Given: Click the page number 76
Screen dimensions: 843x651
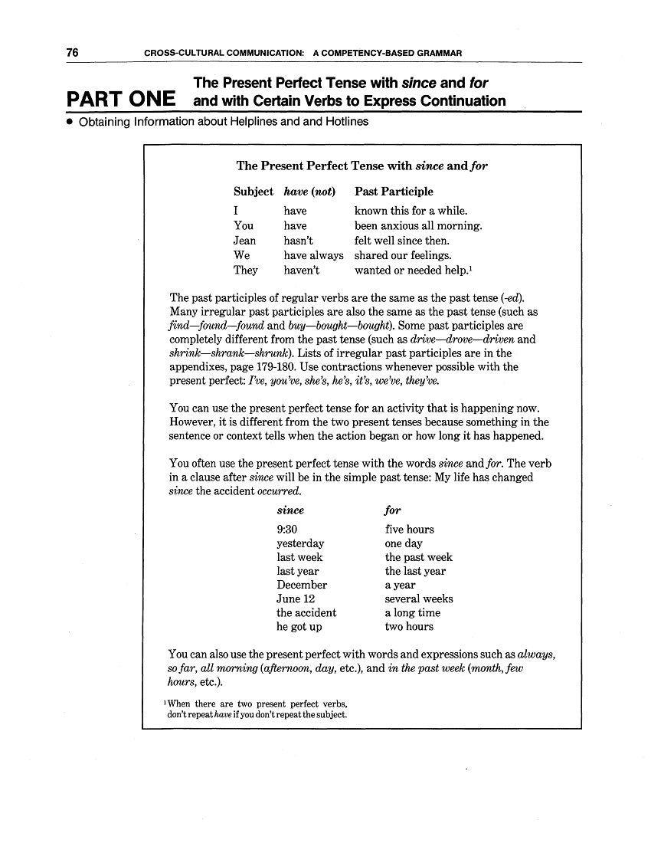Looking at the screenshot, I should click(73, 53).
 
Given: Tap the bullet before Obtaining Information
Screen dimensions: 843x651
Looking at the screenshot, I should click(69, 122).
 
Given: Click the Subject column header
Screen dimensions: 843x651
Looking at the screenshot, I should click(253, 192).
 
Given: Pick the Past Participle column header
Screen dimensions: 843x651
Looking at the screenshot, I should click(394, 192).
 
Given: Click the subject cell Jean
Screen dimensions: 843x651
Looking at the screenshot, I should click(244, 241).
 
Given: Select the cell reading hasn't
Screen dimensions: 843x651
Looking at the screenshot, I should click(298, 241).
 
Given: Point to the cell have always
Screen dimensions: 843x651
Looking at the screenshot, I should click(313, 255).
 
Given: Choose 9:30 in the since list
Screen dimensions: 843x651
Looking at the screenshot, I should click(287, 530).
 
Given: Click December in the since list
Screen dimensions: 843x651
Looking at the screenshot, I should click(301, 585).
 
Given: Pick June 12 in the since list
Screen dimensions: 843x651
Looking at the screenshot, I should click(295, 599).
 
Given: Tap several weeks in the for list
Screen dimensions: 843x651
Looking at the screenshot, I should click(418, 599).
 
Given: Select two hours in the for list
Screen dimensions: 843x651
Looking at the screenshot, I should click(408, 626).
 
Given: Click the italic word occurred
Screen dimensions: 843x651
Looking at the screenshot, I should click(279, 491).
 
